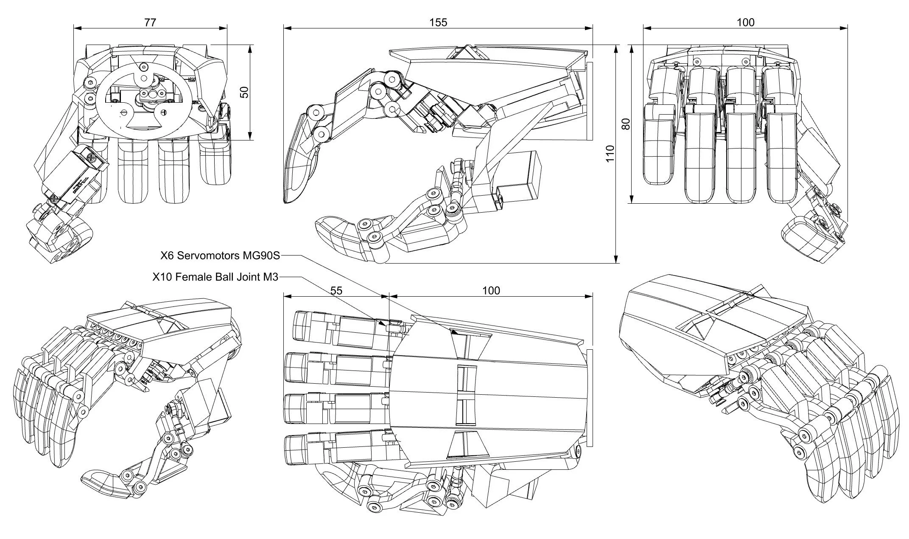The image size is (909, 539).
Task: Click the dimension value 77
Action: click(x=150, y=22)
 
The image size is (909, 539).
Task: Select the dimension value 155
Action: click(x=438, y=22)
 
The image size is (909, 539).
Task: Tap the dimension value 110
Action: click(x=610, y=154)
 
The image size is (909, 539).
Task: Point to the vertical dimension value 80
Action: click(x=625, y=124)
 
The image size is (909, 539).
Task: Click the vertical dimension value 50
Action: click(x=244, y=92)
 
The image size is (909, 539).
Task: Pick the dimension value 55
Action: click(x=336, y=291)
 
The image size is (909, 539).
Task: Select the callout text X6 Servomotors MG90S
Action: click(x=220, y=255)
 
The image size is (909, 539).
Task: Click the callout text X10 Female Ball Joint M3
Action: click(x=215, y=277)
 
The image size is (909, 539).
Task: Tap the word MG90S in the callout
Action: click(x=261, y=255)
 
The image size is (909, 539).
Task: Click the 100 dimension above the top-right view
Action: click(x=745, y=22)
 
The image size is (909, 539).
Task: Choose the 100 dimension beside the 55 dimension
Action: click(x=491, y=291)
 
